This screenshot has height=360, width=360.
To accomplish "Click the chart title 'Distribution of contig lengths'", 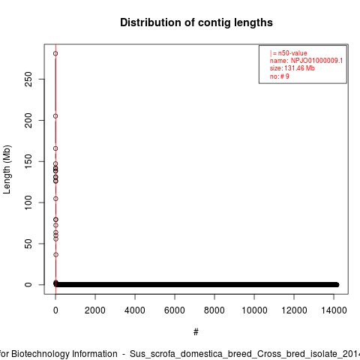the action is click(196, 22).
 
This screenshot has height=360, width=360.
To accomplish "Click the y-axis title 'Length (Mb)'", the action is click(7, 169).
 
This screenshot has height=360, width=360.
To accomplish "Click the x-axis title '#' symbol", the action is click(196, 332).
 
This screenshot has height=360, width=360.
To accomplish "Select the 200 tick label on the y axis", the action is click(28, 120).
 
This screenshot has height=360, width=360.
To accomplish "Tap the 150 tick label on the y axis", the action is click(28, 161).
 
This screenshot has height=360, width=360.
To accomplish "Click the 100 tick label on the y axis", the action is click(28, 202).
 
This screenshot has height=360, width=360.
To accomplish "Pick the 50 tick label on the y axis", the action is click(28, 244).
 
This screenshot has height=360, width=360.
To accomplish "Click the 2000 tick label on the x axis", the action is click(95, 310).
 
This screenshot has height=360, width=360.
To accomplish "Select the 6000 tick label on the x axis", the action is click(175, 310).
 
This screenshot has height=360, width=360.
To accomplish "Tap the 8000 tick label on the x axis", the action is click(214, 310).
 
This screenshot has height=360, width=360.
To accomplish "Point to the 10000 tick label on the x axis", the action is click(254, 310).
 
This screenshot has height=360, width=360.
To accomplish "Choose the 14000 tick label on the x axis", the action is click(334, 310).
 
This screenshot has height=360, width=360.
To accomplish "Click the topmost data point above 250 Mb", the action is click(55, 53).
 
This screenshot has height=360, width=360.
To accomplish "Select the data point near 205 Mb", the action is click(55, 116).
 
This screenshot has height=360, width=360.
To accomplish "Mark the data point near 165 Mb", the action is click(55, 148).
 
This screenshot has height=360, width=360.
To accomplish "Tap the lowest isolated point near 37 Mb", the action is click(55, 255).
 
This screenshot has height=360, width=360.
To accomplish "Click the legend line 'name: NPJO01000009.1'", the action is click(306, 61).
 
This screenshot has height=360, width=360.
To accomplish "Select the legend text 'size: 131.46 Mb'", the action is click(292, 68).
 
